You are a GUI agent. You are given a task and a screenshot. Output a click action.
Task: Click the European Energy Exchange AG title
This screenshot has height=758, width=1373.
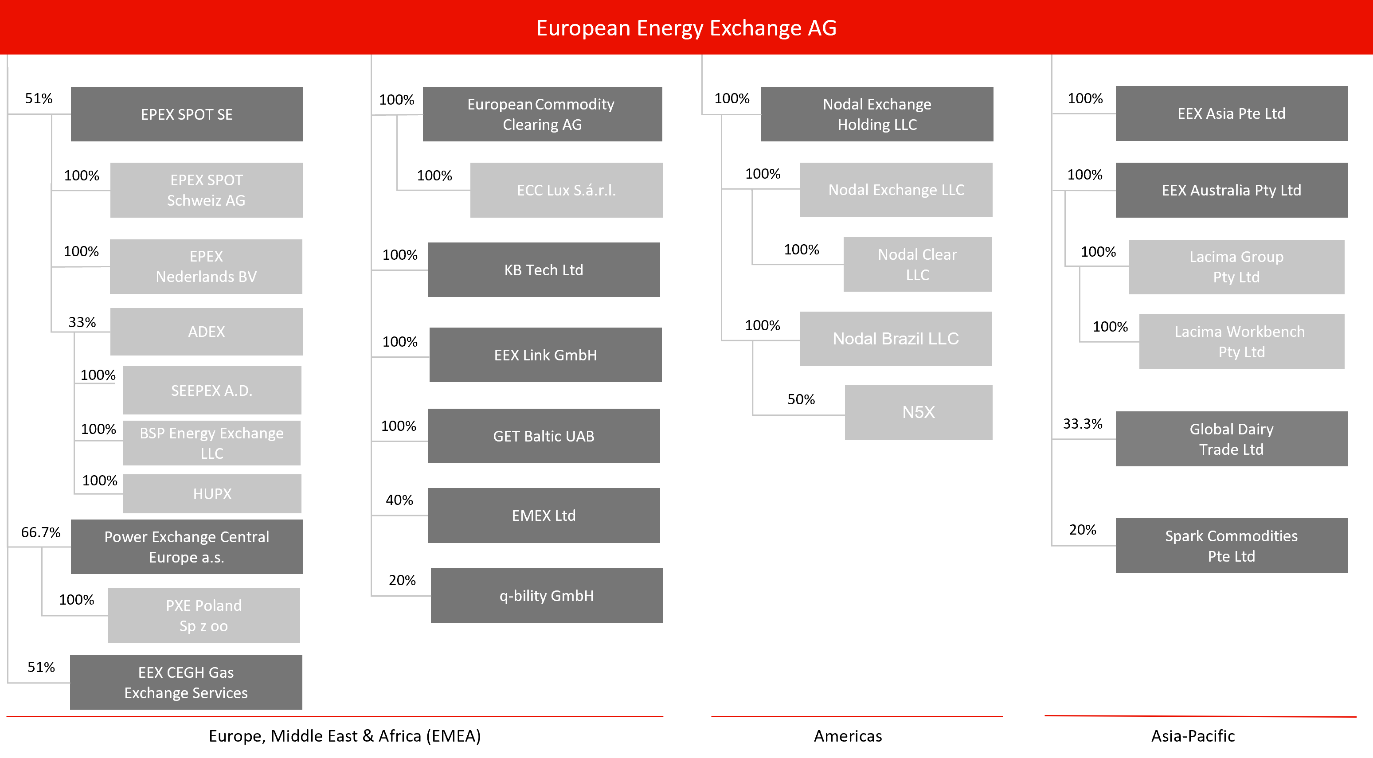coord(686,28)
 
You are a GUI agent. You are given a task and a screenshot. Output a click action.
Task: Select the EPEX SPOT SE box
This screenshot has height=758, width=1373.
coord(187,114)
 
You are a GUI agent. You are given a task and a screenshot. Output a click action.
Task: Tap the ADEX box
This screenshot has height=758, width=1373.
coord(206,332)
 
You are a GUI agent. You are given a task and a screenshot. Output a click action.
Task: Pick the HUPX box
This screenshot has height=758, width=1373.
coord(212,494)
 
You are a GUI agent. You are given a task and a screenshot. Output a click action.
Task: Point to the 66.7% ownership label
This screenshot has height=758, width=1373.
coord(40,532)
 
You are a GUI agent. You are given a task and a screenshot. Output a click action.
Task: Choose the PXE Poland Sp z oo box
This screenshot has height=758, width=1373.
coord(203,615)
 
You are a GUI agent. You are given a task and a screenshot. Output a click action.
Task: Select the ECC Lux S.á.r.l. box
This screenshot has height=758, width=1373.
coord(566,190)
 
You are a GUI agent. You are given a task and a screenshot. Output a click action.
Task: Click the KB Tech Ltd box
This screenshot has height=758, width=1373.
coord(544,270)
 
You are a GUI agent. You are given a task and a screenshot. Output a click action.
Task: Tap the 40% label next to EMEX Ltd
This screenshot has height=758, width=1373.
coord(399,500)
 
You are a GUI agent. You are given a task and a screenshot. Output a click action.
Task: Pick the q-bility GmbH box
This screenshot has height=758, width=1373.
coord(546,595)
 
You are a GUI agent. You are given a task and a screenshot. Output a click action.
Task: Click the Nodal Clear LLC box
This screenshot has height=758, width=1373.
coord(917,264)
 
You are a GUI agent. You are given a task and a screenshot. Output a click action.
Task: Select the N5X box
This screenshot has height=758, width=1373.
coord(918,412)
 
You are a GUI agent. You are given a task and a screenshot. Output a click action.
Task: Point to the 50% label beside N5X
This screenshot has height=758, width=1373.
coord(801,399)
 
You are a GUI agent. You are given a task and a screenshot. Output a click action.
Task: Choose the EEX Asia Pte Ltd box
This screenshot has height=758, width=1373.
coord(1231,113)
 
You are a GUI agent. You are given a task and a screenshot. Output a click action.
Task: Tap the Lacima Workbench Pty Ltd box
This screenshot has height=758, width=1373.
coord(1241,341)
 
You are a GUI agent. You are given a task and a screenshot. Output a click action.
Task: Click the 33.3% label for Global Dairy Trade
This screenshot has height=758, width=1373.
coord(1083,424)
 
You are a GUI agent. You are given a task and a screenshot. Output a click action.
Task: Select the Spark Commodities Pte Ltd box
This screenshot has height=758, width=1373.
coord(1231,545)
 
